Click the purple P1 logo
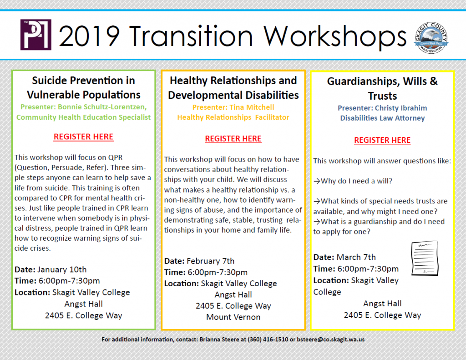[35, 35]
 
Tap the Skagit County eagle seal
[431, 37]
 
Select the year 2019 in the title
[90, 36]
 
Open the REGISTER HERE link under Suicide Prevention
[84, 137]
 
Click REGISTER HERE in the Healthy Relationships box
[233, 139]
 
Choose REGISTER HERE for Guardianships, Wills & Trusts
[382, 140]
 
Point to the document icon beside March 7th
[425, 258]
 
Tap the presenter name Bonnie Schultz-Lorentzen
[102, 106]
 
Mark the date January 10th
[62, 269]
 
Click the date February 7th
[210, 261]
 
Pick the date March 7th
[356, 257]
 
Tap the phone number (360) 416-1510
[268, 340]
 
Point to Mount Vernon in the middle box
[233, 317]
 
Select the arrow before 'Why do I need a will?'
[317, 181]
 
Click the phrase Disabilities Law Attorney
[382, 118]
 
